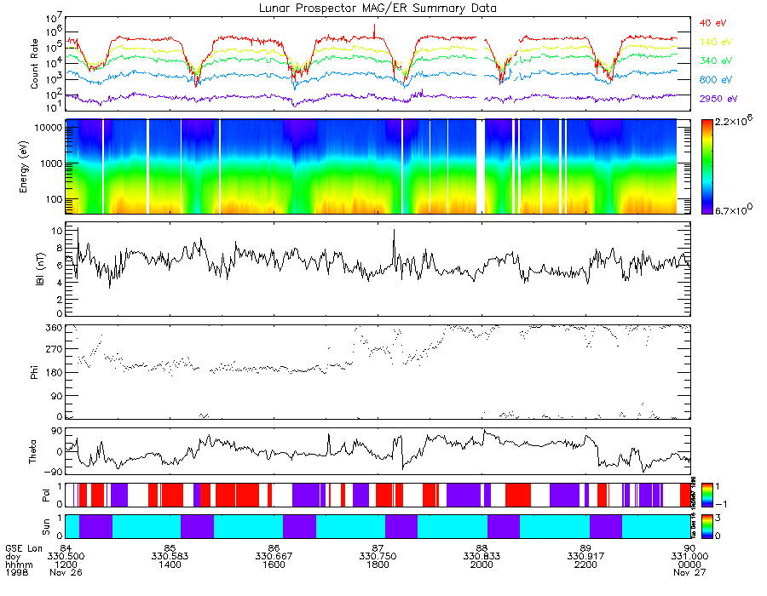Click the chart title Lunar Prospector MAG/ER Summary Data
tap(378, 8)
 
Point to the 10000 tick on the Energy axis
tap(45, 127)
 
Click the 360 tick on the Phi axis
tap(54, 328)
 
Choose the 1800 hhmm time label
tap(378, 564)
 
